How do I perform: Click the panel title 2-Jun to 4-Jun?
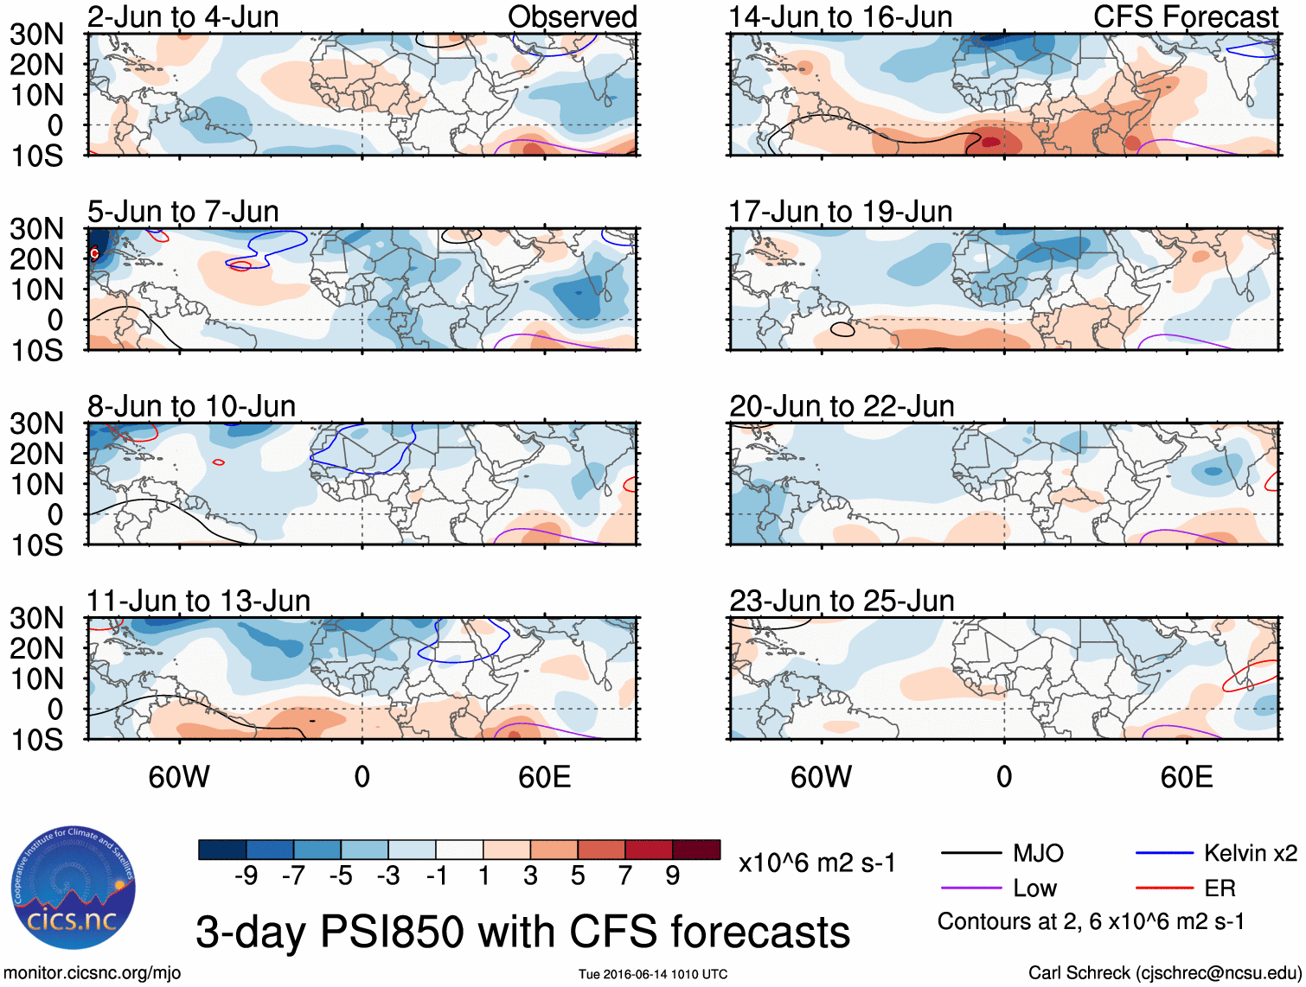click(x=182, y=16)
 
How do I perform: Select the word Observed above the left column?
click(x=572, y=16)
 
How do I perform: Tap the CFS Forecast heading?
click(x=1185, y=16)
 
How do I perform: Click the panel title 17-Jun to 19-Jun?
click(x=840, y=211)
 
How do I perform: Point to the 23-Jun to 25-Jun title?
click(x=842, y=601)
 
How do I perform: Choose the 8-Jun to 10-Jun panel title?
click(x=191, y=406)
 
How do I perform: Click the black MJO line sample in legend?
click(x=971, y=854)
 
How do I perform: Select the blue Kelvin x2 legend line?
click(x=1164, y=854)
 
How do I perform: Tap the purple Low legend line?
click(x=971, y=888)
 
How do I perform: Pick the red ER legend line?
click(x=1164, y=888)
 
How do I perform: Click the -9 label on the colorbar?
click(x=246, y=876)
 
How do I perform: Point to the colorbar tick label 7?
click(x=625, y=876)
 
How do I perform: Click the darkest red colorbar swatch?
click(x=696, y=850)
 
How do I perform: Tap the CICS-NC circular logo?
click(x=74, y=888)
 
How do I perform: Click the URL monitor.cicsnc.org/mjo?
click(x=93, y=973)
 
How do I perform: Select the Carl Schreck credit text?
click(x=1164, y=973)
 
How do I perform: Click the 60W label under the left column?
click(x=179, y=777)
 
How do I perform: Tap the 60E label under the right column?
click(x=1186, y=777)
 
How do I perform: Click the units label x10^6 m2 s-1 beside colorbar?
click(x=817, y=863)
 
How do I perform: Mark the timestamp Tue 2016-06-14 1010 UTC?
click(x=653, y=975)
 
